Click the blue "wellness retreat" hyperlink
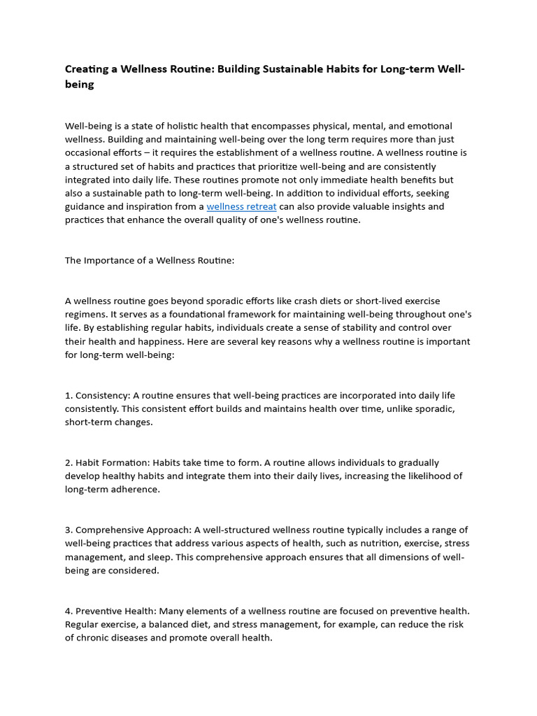click(241, 206)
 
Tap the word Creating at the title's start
click(90, 69)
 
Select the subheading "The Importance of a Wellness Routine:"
click(150, 260)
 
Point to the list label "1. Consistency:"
click(97, 396)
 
